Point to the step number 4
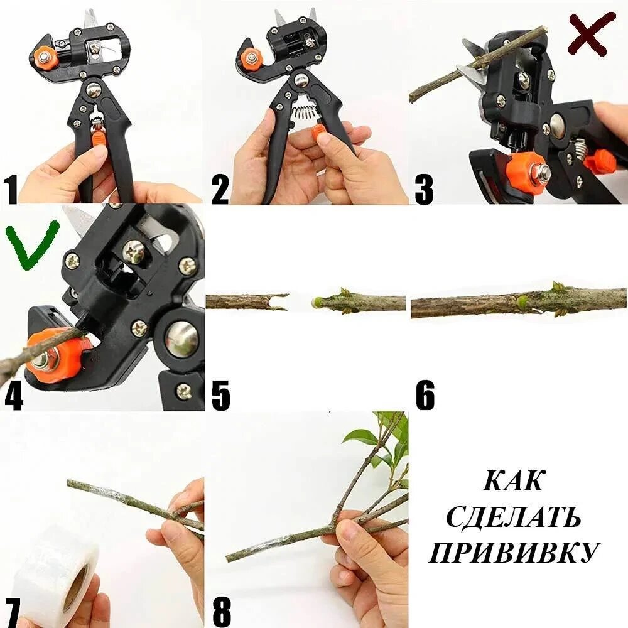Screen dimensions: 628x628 coord(13,396)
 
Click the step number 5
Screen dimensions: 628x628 coord(221,396)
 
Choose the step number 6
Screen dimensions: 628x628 coord(425,396)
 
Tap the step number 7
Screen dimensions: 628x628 coord(11,613)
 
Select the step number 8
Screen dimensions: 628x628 coord(222,613)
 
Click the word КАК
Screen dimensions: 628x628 coord(514,480)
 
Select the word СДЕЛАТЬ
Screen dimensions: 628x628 coord(514,517)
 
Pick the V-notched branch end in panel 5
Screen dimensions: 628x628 coord(280,302)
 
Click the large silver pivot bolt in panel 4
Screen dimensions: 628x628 coord(181,340)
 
